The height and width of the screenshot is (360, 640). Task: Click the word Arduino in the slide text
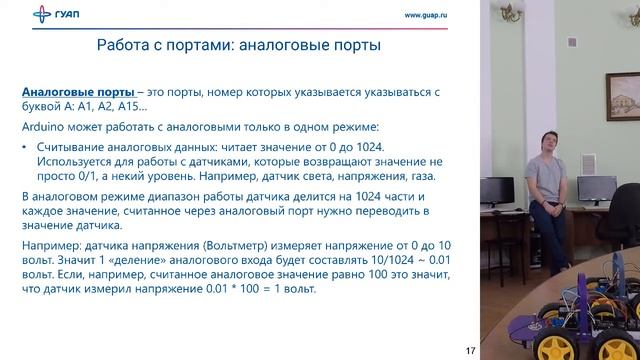pyautogui.click(x=43, y=128)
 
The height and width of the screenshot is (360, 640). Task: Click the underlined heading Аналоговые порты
pyautogui.click(x=78, y=92)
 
